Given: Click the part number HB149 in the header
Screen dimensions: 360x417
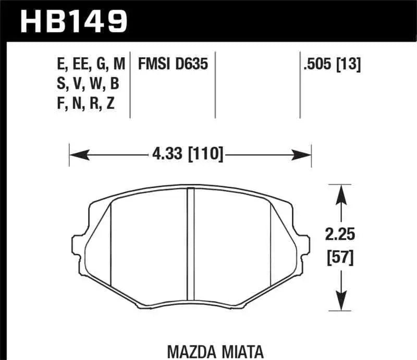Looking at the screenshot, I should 73,21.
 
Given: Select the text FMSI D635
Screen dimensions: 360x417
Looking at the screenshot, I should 173,65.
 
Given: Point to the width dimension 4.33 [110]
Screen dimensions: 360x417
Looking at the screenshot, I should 189,155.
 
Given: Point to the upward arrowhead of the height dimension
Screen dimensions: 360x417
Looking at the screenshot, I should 341,194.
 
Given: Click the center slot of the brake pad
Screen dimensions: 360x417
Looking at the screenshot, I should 190,247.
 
